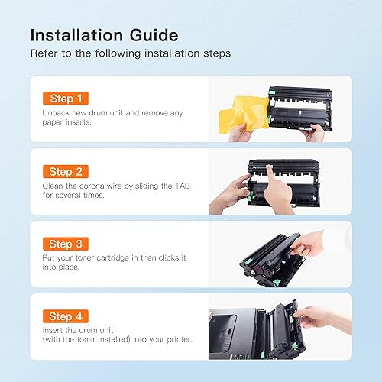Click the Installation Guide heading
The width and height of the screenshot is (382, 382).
[105, 35]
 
